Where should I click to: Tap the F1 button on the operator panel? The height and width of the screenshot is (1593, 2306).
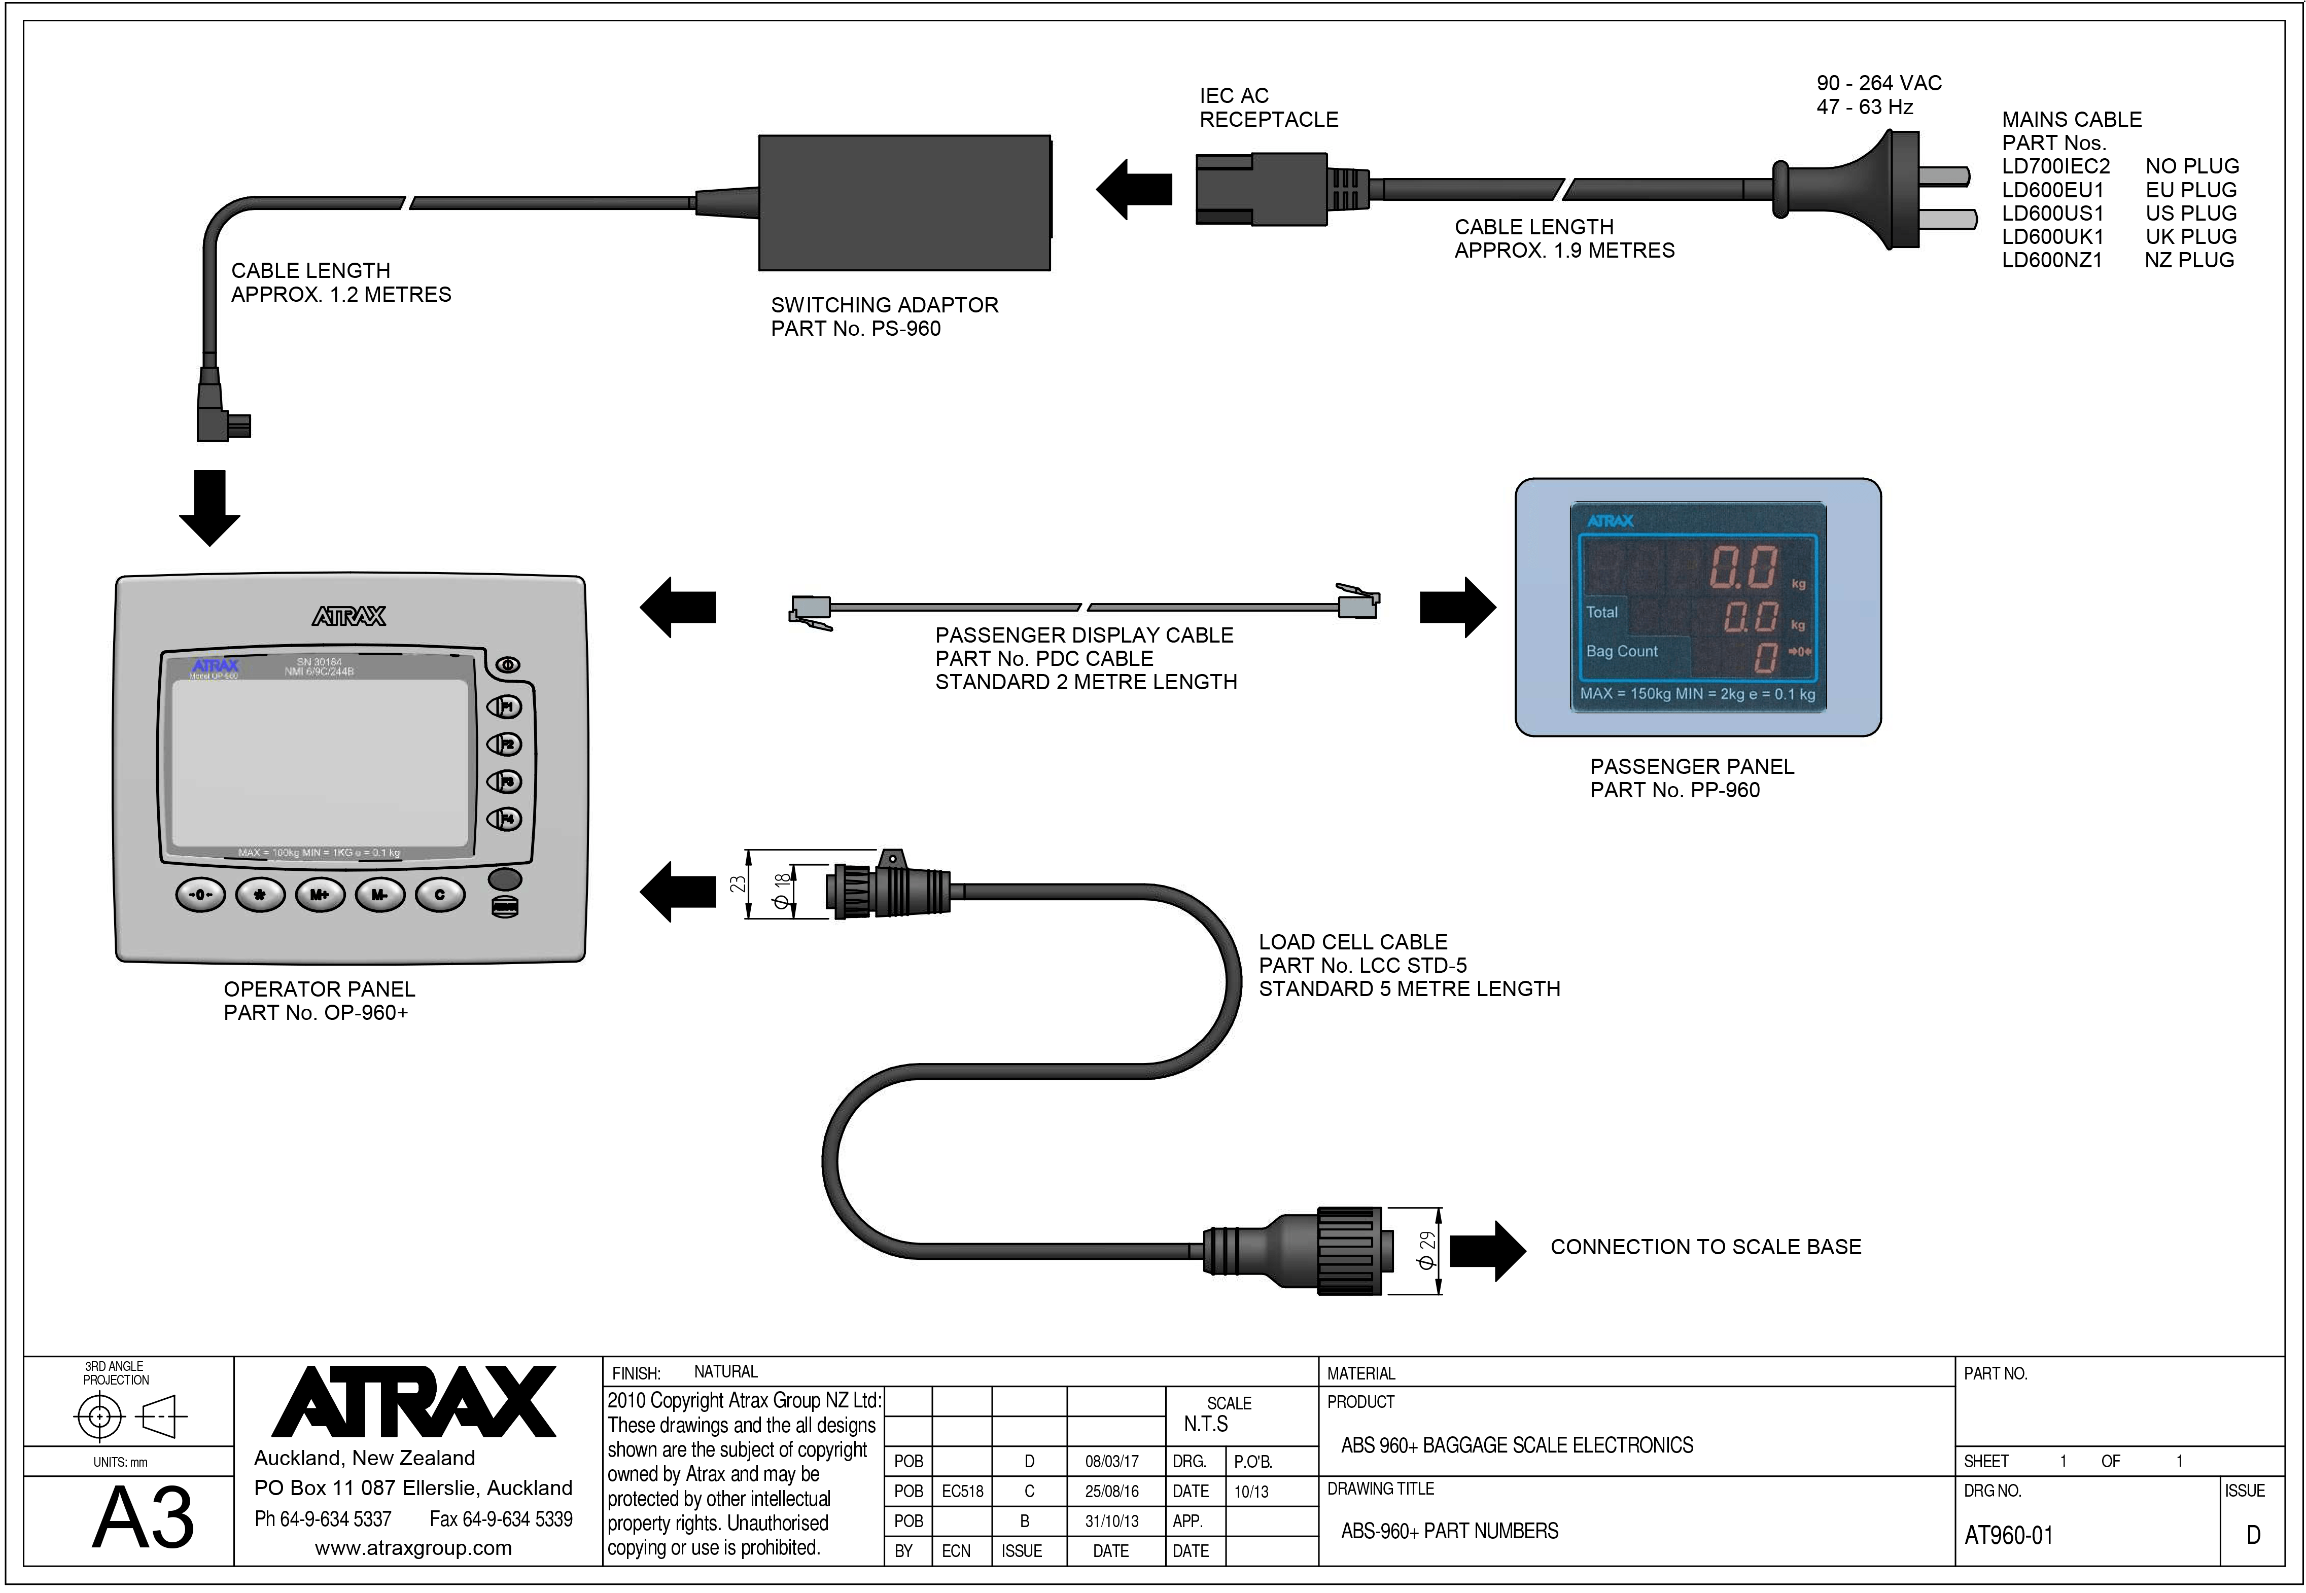tap(504, 706)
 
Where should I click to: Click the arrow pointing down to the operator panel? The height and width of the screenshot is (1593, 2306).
tap(209, 507)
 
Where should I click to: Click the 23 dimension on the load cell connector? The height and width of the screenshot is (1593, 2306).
tap(737, 883)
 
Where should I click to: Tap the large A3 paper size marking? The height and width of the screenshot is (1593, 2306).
tap(144, 1518)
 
